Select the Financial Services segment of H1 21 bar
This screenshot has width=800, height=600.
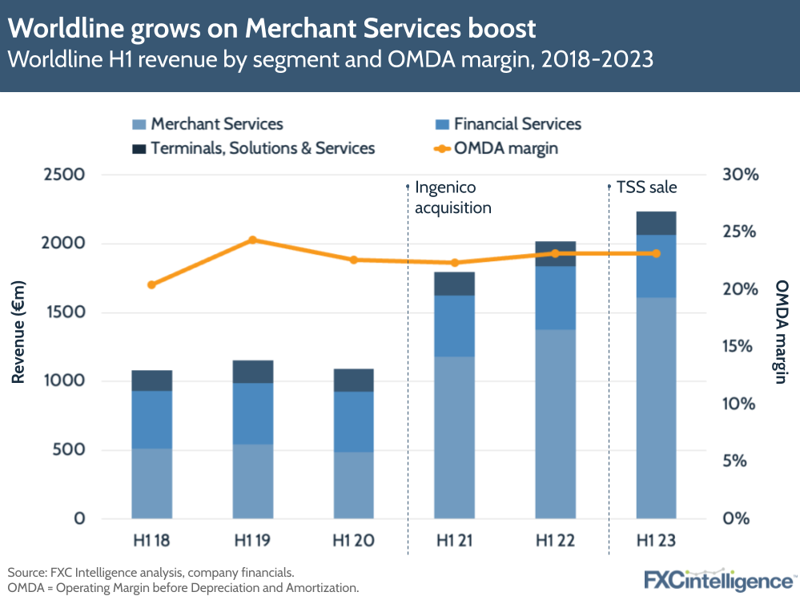tap(454, 325)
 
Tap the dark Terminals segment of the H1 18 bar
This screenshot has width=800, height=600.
tap(151, 381)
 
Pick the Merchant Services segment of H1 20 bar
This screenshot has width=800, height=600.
tap(353, 484)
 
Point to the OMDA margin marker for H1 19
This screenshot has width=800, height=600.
tap(252, 240)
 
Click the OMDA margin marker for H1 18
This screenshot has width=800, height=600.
tap(151, 284)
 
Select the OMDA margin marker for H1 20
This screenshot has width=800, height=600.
tap(353, 260)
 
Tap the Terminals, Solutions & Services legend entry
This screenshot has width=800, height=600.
tap(252, 148)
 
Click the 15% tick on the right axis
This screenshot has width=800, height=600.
tap(739, 346)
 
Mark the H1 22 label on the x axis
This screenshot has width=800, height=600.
tap(555, 542)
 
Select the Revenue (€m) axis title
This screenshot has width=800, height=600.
tap(19, 333)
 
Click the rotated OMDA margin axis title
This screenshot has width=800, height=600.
tap(781, 331)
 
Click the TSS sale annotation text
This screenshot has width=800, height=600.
tap(646, 187)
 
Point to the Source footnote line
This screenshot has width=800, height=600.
tap(151, 572)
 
